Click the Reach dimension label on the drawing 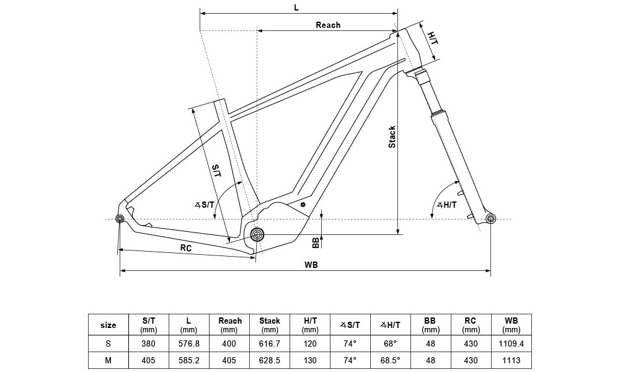[328, 25]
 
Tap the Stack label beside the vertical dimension [392, 137]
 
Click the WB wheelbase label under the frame [311, 265]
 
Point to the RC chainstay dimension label [186, 247]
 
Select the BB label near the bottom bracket [315, 242]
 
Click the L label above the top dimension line [297, 7]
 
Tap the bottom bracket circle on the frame [257, 234]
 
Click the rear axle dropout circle [120, 218]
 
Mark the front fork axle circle [491, 218]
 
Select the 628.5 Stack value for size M [270, 359]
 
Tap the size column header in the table [108, 324]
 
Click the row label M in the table [108, 359]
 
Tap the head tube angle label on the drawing [447, 205]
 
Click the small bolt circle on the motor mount [303, 204]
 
